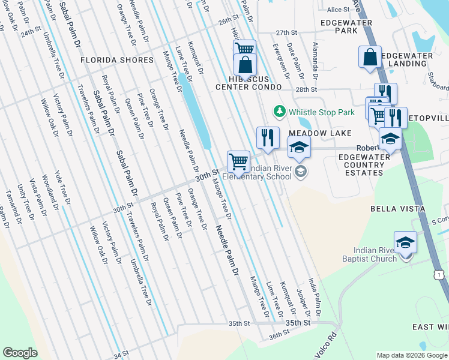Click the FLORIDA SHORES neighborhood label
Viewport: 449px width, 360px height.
pyautogui.click(x=117, y=61)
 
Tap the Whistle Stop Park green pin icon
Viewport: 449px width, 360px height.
pyautogui.click(x=279, y=112)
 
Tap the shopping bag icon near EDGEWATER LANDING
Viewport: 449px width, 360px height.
pyautogui.click(x=370, y=57)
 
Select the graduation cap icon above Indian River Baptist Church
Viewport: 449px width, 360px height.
pyautogui.click(x=405, y=242)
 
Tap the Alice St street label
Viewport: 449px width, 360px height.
pyautogui.click(x=338, y=10)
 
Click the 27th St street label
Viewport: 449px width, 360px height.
pyautogui.click(x=286, y=32)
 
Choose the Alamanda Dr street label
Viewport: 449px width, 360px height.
pyautogui.click(x=315, y=61)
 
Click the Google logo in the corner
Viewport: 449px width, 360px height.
pyautogui.click(x=20, y=353)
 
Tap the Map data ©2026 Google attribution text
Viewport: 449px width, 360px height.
pyautogui.click(x=411, y=355)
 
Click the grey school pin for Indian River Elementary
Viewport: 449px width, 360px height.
pyautogui.click(x=301, y=173)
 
